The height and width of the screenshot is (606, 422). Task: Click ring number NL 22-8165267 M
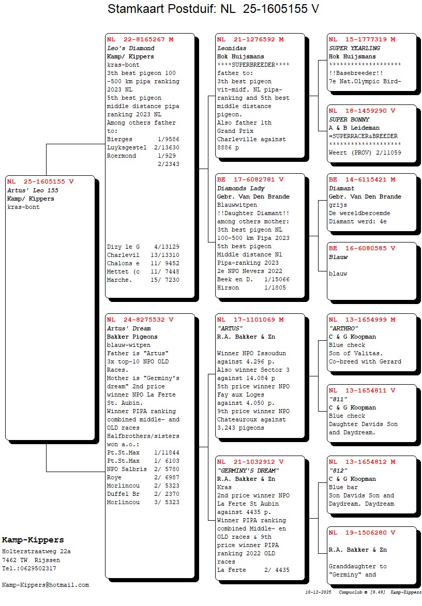click(x=140, y=39)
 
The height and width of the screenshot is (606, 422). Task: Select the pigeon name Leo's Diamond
click(x=130, y=48)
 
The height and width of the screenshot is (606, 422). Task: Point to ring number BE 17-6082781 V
click(x=250, y=179)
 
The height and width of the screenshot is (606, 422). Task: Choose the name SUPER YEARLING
click(x=354, y=48)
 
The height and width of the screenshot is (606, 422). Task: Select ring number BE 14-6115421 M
click(x=362, y=179)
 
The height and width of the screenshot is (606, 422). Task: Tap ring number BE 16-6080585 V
click(x=362, y=248)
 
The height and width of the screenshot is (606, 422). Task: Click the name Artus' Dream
click(x=129, y=328)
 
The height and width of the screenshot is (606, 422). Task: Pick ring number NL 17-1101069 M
click(x=250, y=320)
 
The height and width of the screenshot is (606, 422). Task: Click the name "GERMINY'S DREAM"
click(x=248, y=471)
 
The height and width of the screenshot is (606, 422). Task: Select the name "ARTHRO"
click(x=343, y=328)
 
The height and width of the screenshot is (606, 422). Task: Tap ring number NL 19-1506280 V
click(x=362, y=533)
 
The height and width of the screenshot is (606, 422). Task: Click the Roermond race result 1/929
click(x=144, y=156)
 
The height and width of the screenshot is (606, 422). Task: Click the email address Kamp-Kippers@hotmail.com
click(x=46, y=585)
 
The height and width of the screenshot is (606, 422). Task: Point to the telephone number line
click(x=29, y=568)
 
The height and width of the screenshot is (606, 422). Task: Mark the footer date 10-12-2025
click(x=318, y=592)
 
